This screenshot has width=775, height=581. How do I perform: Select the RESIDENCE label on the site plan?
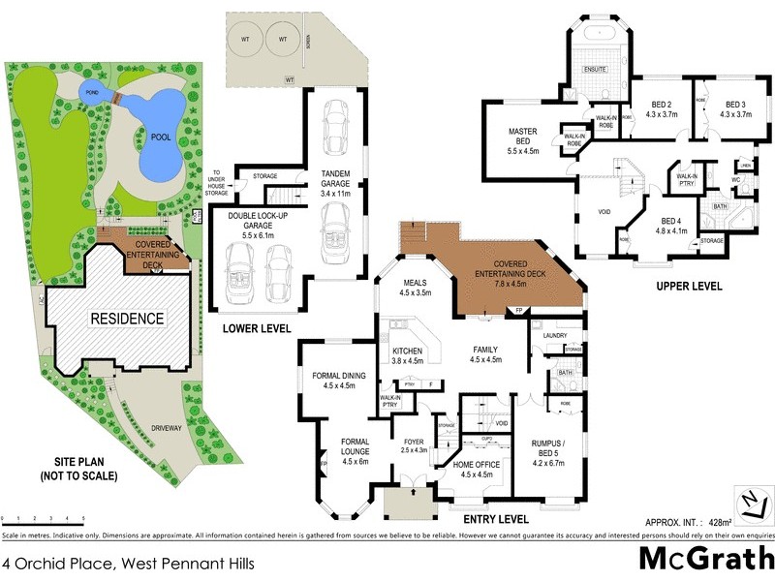click(x=128, y=318)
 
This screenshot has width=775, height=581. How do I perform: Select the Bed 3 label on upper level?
click(x=735, y=108)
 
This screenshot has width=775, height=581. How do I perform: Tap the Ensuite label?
click(x=595, y=69)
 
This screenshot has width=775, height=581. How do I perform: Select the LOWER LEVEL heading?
click(x=257, y=328)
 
